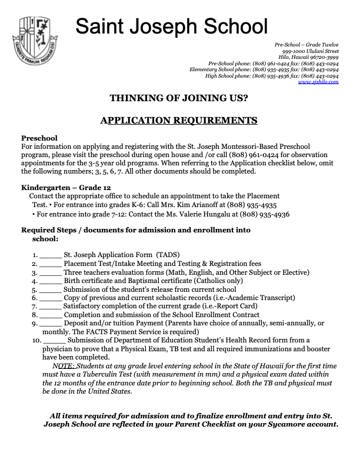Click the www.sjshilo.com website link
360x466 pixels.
pyautogui.click(x=318, y=82)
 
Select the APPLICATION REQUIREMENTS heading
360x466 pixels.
pyautogui.click(x=179, y=121)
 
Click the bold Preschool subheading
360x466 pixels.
pyautogui.click(x=39, y=138)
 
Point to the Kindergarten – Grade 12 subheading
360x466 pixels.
pyautogui.click(x=63, y=188)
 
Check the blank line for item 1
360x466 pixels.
pyautogui.click(x=51, y=256)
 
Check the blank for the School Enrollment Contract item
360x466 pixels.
pyautogui.click(x=51, y=315)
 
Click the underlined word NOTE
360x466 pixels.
pyautogui.click(x=63, y=365)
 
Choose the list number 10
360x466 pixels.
pyautogui.click(x=36, y=340)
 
